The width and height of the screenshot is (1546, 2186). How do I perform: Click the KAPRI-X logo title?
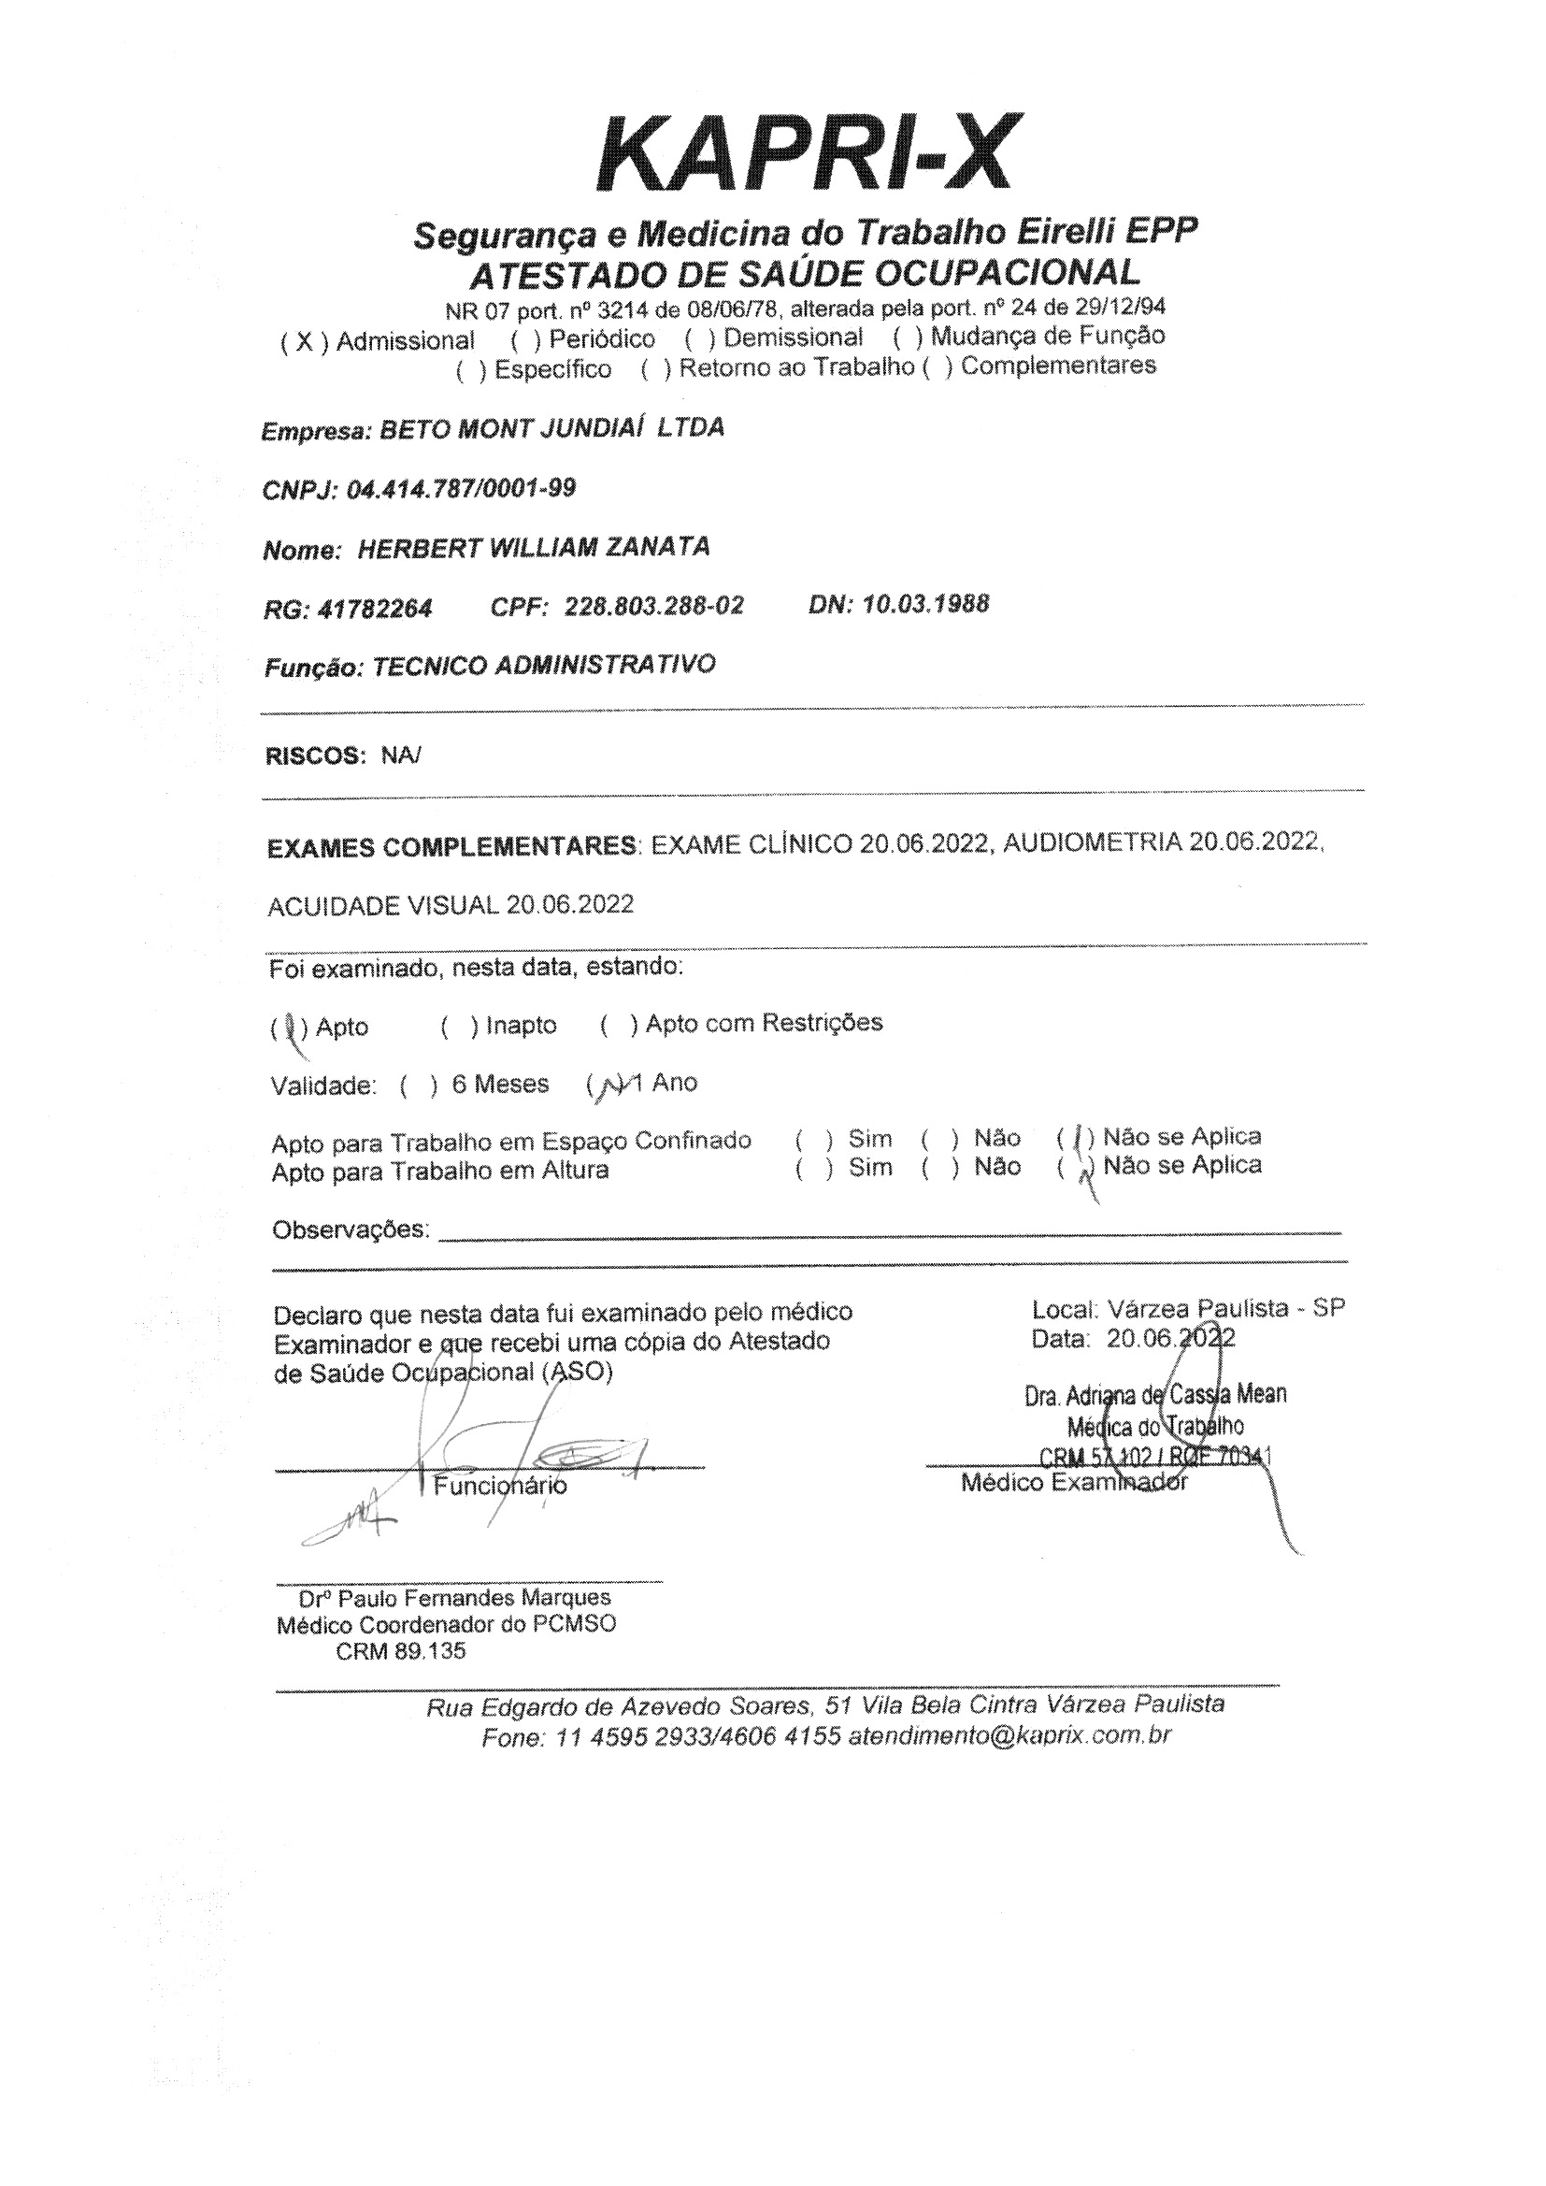point(807,155)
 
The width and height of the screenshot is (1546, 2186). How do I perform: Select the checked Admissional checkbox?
point(304,342)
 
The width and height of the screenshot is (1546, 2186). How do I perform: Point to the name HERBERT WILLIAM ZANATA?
point(533,549)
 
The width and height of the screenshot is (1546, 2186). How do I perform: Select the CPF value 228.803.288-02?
point(654,607)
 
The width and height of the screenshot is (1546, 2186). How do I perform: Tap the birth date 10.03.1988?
point(925,604)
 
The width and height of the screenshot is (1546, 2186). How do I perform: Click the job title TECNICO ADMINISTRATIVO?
point(544,666)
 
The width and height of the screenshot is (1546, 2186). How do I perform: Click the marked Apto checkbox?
point(287,1028)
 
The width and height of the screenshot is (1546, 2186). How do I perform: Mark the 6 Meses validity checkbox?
point(420,1086)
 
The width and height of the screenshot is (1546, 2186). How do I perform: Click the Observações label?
point(351,1230)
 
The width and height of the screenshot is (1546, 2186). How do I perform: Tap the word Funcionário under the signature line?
point(501,1486)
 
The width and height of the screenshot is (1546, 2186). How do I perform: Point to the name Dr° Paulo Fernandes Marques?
point(455,1599)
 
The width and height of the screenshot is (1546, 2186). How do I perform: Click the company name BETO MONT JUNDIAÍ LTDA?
point(552,427)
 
